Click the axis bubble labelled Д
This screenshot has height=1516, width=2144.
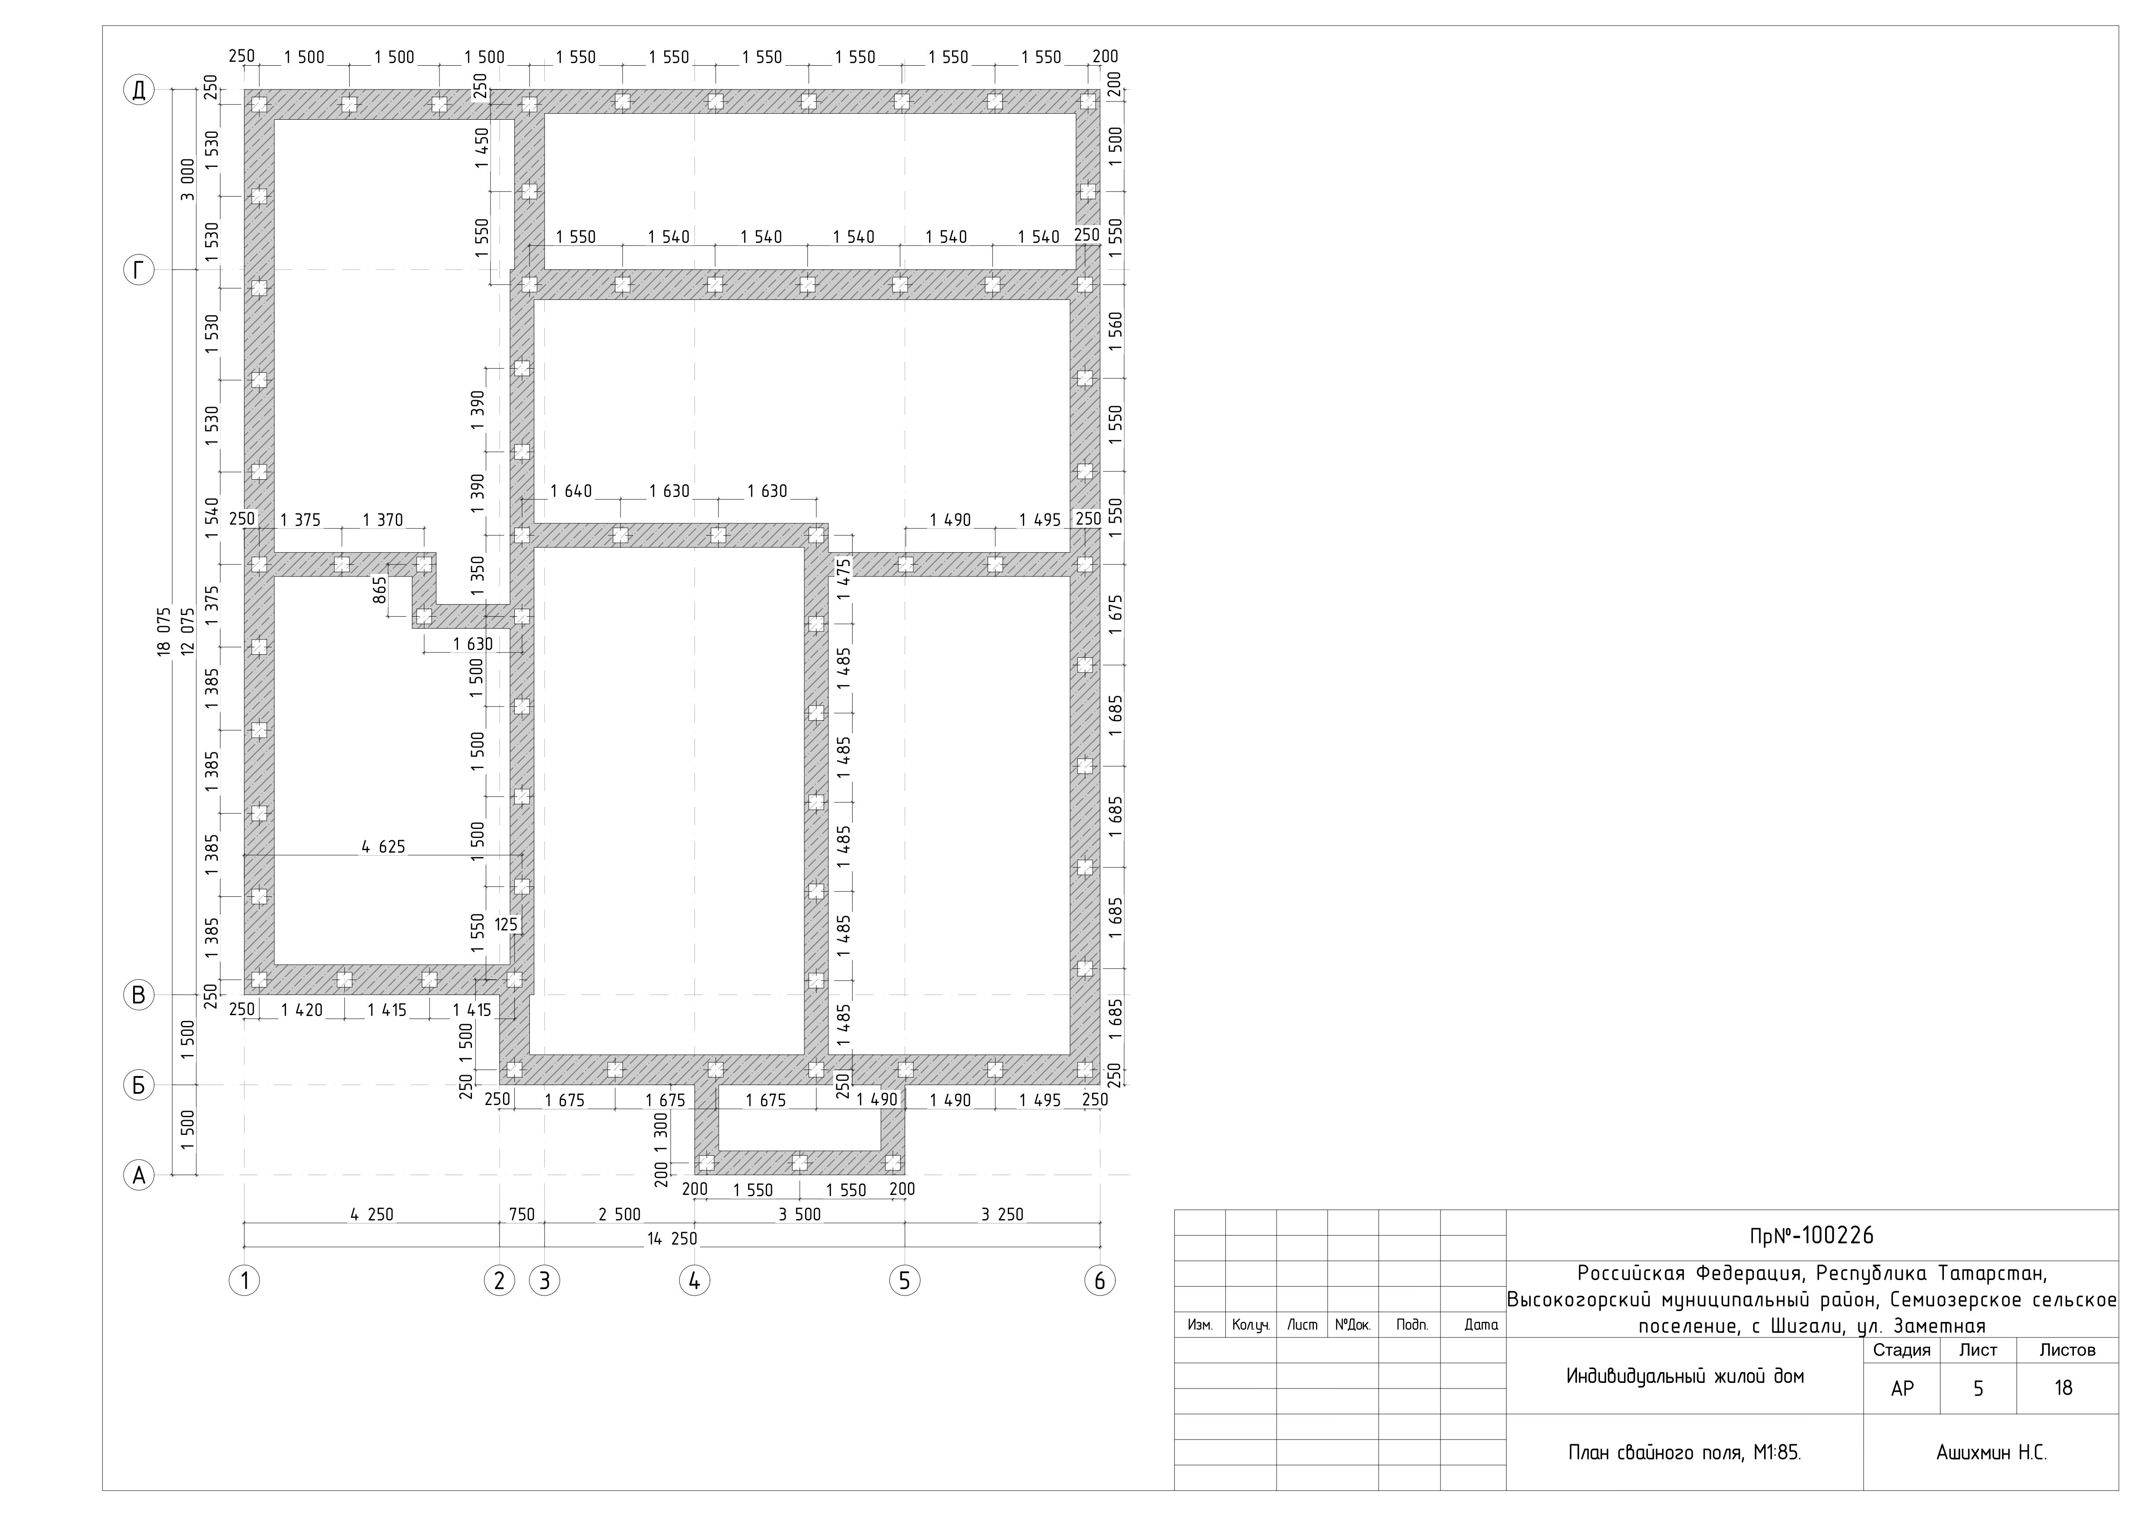[x=138, y=91]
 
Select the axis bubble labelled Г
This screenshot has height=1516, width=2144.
[x=138, y=271]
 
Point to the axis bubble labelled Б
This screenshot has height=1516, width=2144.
[x=138, y=1086]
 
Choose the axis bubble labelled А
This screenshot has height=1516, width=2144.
[x=138, y=1175]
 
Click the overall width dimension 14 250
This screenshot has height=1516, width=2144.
[x=672, y=1239]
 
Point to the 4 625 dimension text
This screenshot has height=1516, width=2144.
[x=384, y=847]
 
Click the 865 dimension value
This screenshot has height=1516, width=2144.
[x=380, y=590]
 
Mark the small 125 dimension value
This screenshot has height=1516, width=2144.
[x=506, y=925]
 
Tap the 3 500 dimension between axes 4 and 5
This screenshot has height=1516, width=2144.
[x=800, y=1214]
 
